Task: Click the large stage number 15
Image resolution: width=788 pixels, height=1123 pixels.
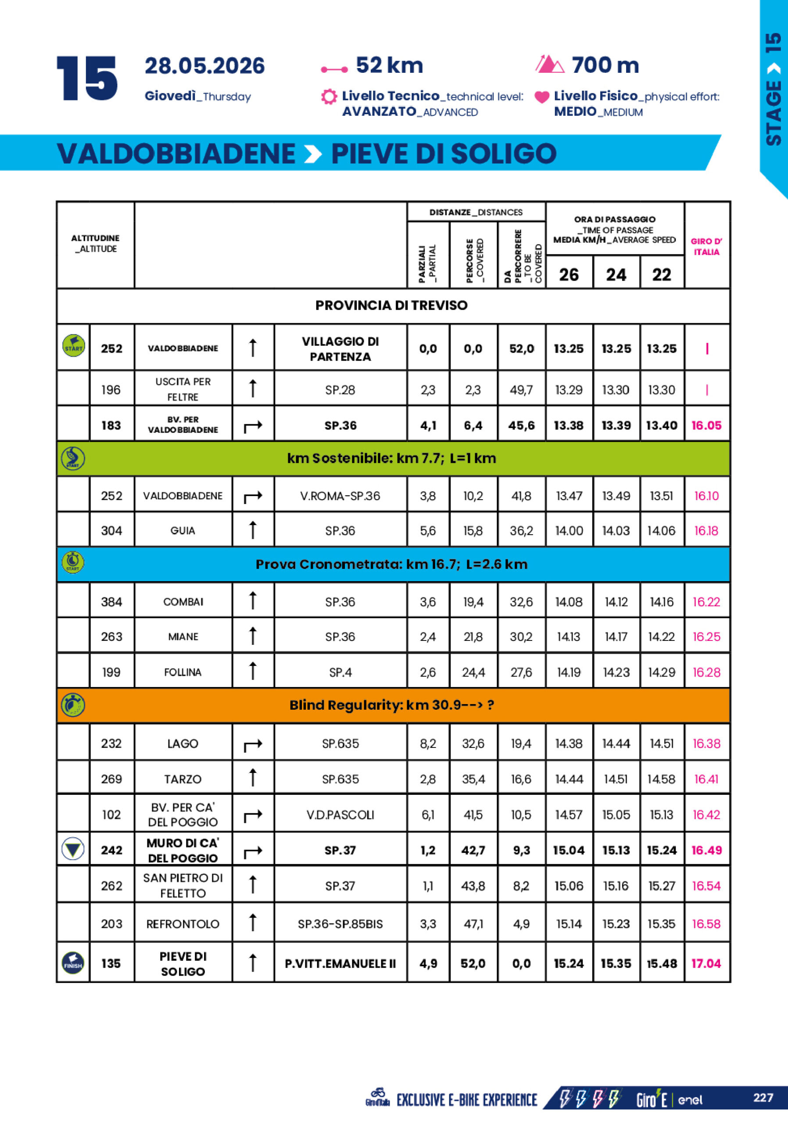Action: pos(87,78)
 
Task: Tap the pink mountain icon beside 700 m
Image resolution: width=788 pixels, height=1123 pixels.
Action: pos(550,64)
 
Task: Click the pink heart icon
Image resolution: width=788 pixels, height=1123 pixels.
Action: pos(542,97)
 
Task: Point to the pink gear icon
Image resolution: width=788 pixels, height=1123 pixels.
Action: pos(329,97)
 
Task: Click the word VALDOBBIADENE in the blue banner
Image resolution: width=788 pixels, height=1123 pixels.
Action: pos(176,154)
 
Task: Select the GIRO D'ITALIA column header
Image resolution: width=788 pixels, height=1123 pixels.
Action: pos(706,247)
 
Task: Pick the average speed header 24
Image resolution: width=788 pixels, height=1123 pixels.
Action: pos(616,275)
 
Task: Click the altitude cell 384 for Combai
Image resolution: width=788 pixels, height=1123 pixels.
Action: pos(111,601)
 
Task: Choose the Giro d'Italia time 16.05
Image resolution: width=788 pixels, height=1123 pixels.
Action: pos(706,426)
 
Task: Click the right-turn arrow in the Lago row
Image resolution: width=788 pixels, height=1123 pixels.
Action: pos(253,744)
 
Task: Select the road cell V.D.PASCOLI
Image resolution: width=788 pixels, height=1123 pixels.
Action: pos(340,814)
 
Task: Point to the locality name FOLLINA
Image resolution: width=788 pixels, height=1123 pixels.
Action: pos(183,672)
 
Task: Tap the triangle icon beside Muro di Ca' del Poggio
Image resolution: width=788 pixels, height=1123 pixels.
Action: pos(73,850)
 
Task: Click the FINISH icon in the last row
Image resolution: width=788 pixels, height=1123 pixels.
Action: pos(73,963)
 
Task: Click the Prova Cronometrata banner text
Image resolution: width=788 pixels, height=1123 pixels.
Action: pos(391,565)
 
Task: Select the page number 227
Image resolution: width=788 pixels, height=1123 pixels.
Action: pos(763,1098)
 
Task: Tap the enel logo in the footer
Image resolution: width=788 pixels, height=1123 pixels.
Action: pos(690,1100)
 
